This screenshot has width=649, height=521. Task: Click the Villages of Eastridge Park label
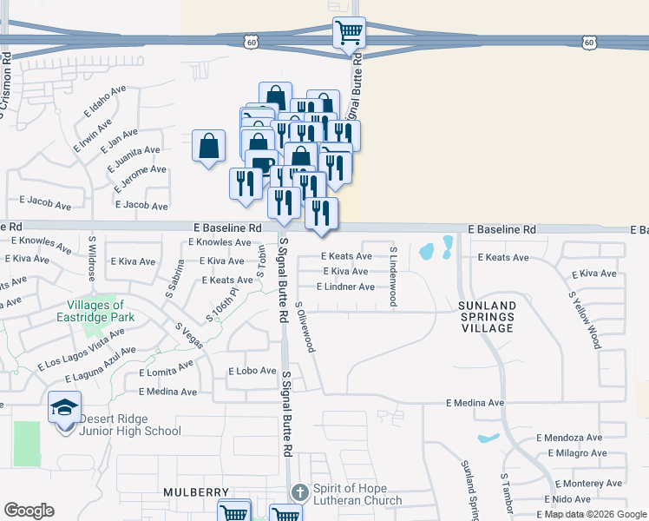pyautogui.click(x=108, y=311)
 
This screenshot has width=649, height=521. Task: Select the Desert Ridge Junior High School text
pyautogui.click(x=130, y=425)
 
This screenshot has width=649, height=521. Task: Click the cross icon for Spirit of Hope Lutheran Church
pyautogui.click(x=298, y=492)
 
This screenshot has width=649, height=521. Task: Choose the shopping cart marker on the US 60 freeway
pyautogui.click(x=349, y=33)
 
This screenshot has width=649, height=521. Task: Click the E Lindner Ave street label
pyautogui.click(x=348, y=287)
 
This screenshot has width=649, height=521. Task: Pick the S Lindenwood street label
pyautogui.click(x=393, y=276)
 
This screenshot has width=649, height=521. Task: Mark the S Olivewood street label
pyautogui.click(x=305, y=327)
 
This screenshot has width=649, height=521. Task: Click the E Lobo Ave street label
pyautogui.click(x=252, y=371)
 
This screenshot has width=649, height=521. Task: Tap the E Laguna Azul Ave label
pyautogui.click(x=101, y=366)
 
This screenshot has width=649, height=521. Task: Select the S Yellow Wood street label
pyautogui.click(x=585, y=320)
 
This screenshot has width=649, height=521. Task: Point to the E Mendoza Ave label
pyautogui.click(x=569, y=438)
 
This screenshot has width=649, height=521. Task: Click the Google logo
pyautogui.click(x=29, y=511)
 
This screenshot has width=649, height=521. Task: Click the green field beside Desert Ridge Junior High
pyautogui.click(x=27, y=443)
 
